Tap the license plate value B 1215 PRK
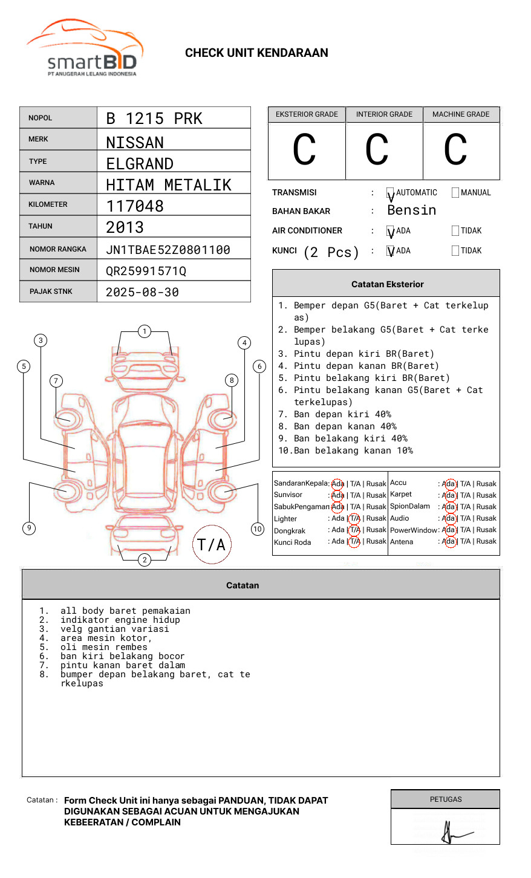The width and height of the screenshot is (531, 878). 154,119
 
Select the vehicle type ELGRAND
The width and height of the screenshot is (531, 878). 140,164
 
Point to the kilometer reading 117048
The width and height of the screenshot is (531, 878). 135,206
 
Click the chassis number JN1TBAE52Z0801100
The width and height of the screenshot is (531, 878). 168,250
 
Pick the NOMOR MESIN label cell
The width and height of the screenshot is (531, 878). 58,270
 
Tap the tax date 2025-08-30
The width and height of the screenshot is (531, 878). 142,292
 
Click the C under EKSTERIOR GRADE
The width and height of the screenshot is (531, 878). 304,150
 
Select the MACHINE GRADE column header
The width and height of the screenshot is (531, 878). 461,114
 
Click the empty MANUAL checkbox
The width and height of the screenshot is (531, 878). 455,193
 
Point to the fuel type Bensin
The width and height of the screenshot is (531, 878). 411,210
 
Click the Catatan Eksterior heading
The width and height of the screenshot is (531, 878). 387,284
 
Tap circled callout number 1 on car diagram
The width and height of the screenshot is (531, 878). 144,331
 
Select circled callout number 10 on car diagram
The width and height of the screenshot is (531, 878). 258,529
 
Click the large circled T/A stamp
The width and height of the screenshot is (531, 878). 212,545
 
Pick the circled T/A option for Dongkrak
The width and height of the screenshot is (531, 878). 354,530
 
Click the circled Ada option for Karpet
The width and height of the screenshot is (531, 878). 449,495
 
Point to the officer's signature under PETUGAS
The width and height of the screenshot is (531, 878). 452,833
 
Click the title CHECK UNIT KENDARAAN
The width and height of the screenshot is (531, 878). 256,53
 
